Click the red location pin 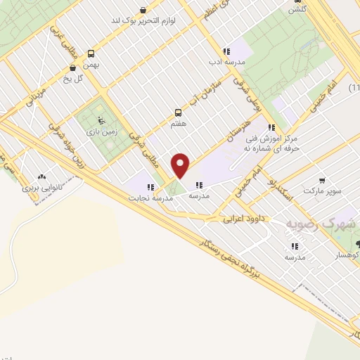(x=181, y=165)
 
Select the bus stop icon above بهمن (x=91, y=53)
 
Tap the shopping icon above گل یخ (x=73, y=68)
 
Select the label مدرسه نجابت (x=150, y=198)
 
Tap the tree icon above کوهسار (x=359, y=243)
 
